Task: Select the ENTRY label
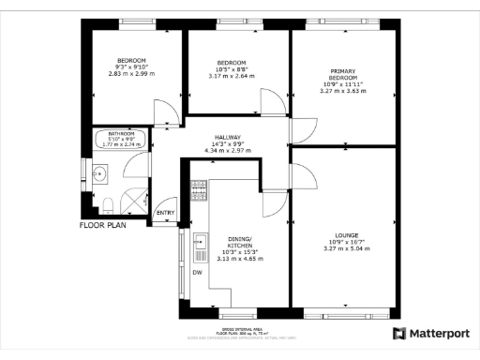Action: click(166, 213)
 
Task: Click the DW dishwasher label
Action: click(197, 273)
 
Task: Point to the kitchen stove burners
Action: click(198, 191)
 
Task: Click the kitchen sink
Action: click(199, 248)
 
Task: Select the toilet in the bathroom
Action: click(108, 205)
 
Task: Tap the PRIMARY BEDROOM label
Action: click(346, 74)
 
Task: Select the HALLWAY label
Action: click(228, 136)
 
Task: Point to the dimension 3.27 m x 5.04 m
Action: click(346, 249)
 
